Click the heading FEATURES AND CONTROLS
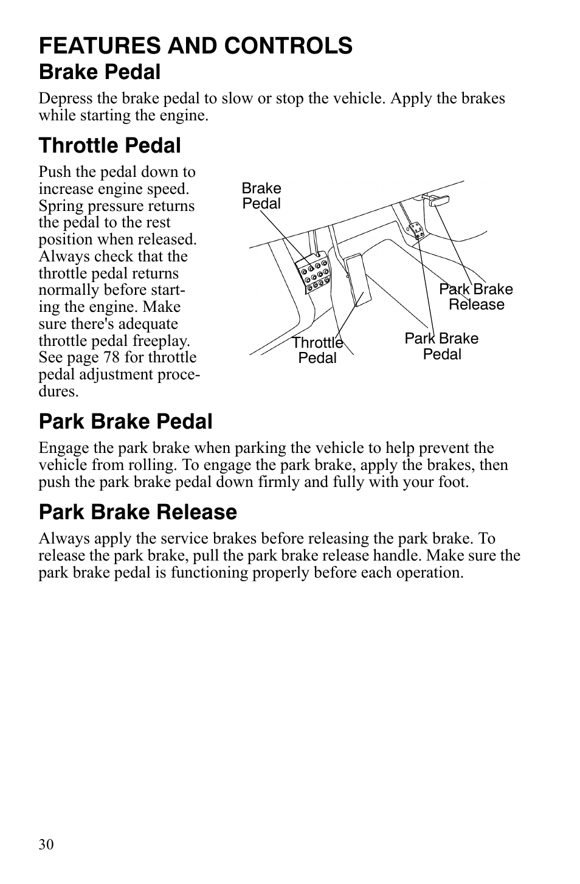tap(195, 46)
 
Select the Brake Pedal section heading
tap(100, 72)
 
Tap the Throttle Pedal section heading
tap(109, 146)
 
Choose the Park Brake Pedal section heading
tap(125, 421)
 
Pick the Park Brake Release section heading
tap(137, 512)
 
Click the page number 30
tap(46, 844)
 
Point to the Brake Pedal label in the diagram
tap(261, 196)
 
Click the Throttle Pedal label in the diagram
tap(317, 351)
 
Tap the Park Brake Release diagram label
tap(476, 297)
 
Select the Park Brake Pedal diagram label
tap(441, 347)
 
